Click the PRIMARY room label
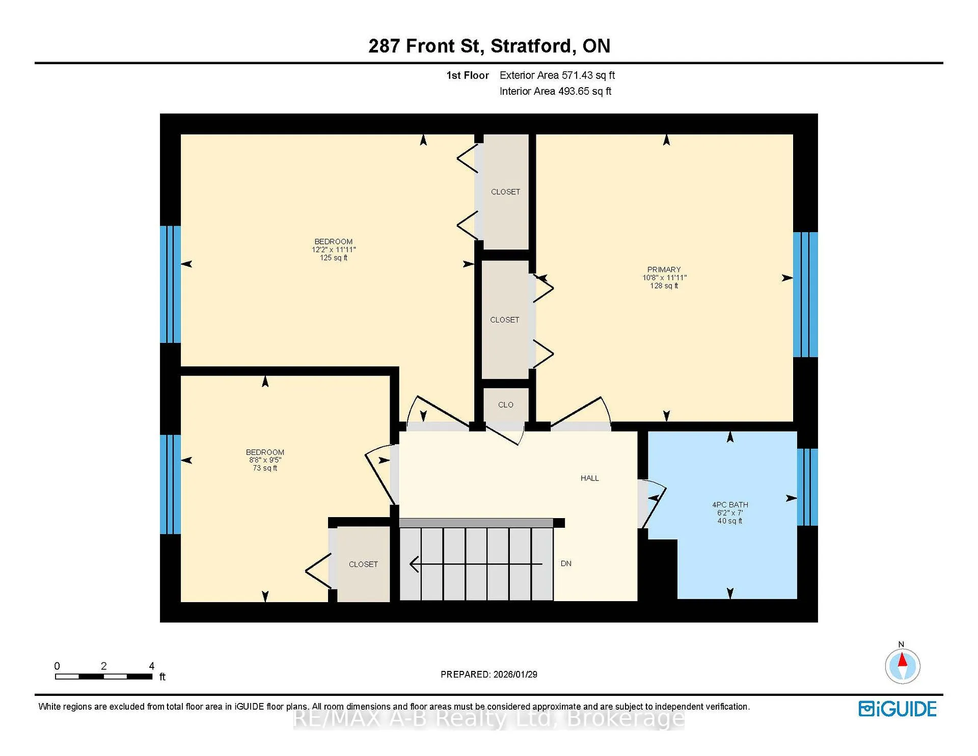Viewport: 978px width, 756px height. [664, 269]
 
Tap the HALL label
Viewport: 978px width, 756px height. [589, 478]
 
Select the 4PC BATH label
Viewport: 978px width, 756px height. [730, 505]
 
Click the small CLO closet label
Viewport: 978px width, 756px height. [505, 404]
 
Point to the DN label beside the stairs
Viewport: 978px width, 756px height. [566, 563]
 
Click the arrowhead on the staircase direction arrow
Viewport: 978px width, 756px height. [414, 564]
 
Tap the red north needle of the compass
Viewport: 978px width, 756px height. [902, 660]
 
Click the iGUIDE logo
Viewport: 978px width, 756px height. [898, 709]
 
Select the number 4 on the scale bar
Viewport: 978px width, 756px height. [151, 666]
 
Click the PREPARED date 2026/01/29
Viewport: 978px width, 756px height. [515, 674]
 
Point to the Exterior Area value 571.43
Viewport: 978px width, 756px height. [577, 75]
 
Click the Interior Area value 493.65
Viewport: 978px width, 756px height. [574, 91]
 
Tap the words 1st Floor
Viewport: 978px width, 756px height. [467, 75]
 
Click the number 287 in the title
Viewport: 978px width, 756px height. [384, 46]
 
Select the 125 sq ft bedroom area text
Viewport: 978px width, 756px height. [334, 258]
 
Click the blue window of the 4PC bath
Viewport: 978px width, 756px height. [807, 487]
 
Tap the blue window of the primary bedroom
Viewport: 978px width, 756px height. [805, 294]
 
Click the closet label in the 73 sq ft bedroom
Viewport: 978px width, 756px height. [363, 564]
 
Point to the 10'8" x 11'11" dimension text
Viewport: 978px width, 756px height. [664, 278]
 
